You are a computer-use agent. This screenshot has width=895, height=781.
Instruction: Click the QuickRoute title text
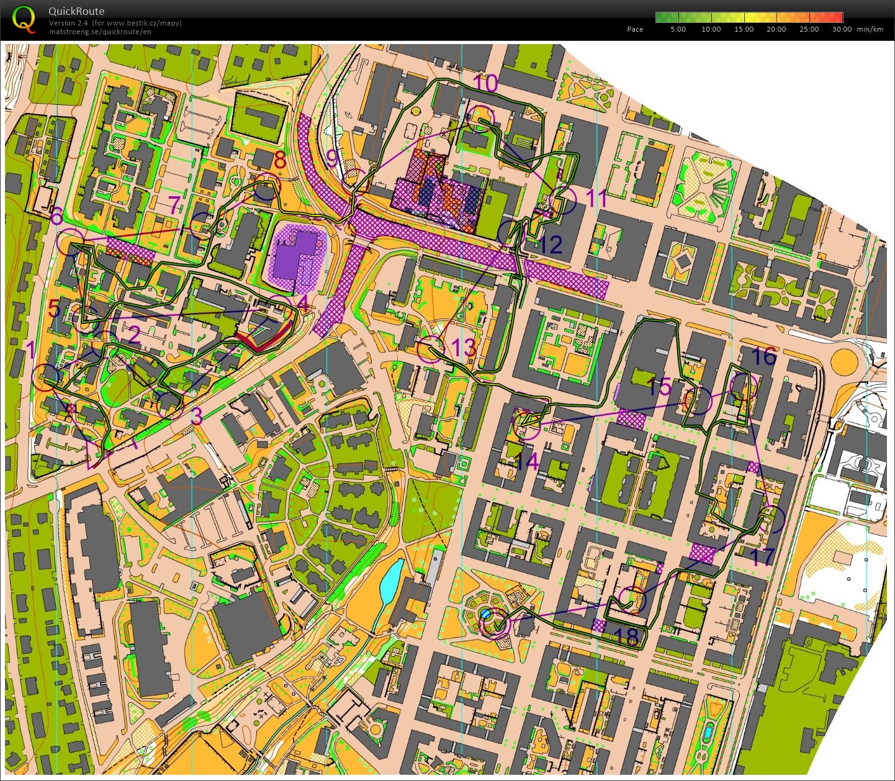76,11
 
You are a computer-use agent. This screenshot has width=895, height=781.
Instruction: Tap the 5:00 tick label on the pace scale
678,29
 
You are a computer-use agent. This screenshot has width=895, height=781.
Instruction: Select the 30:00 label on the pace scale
842,29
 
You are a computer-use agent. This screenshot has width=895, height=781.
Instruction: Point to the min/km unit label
870,29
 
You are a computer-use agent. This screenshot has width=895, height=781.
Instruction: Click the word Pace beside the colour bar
635,29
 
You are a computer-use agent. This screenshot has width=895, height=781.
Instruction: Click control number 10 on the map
485,83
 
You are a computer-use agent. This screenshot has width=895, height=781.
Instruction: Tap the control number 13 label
464,348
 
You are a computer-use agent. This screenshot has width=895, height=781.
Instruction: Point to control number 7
174,205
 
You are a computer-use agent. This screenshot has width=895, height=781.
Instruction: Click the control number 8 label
280,160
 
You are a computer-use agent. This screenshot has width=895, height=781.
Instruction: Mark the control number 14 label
526,461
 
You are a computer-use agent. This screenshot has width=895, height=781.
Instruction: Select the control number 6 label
56,216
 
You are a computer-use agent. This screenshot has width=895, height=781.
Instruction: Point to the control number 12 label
550,245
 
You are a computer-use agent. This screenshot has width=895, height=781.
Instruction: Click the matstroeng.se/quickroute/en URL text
100,32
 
